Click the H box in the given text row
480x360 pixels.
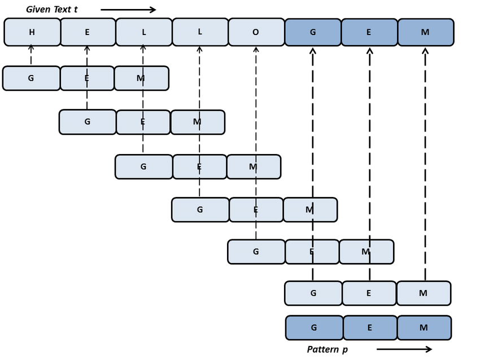(32, 32)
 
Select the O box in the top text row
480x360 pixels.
(256, 32)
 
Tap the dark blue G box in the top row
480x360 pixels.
(313, 32)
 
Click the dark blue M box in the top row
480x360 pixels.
(425, 32)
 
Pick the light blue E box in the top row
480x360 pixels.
(88, 32)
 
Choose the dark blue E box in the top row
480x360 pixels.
(369, 32)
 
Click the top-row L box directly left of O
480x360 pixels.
(200, 32)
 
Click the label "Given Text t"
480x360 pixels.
(52, 10)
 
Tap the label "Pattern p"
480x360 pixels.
(328, 349)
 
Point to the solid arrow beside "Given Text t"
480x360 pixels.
(128, 10)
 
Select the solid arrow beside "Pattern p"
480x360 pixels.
(404, 349)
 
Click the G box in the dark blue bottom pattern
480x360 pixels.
(314, 328)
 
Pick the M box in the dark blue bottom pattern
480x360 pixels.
(424, 328)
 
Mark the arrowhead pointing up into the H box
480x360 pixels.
(31, 49)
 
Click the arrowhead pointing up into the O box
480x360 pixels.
(256, 50)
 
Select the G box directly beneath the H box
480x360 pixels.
(31, 78)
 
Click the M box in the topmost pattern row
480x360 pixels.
(141, 78)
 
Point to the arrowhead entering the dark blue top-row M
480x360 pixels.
(425, 51)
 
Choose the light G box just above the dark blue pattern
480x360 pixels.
(313, 293)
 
